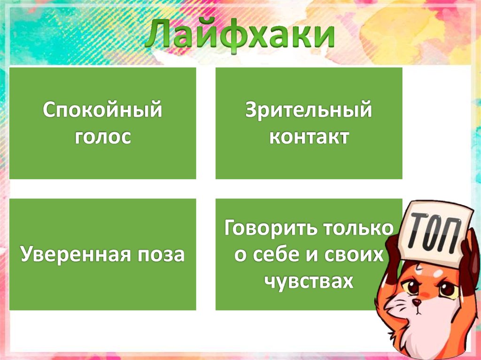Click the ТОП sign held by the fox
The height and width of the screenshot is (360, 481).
pyautogui.click(x=436, y=230)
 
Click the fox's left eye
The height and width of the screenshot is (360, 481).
pyautogui.click(x=413, y=287)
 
